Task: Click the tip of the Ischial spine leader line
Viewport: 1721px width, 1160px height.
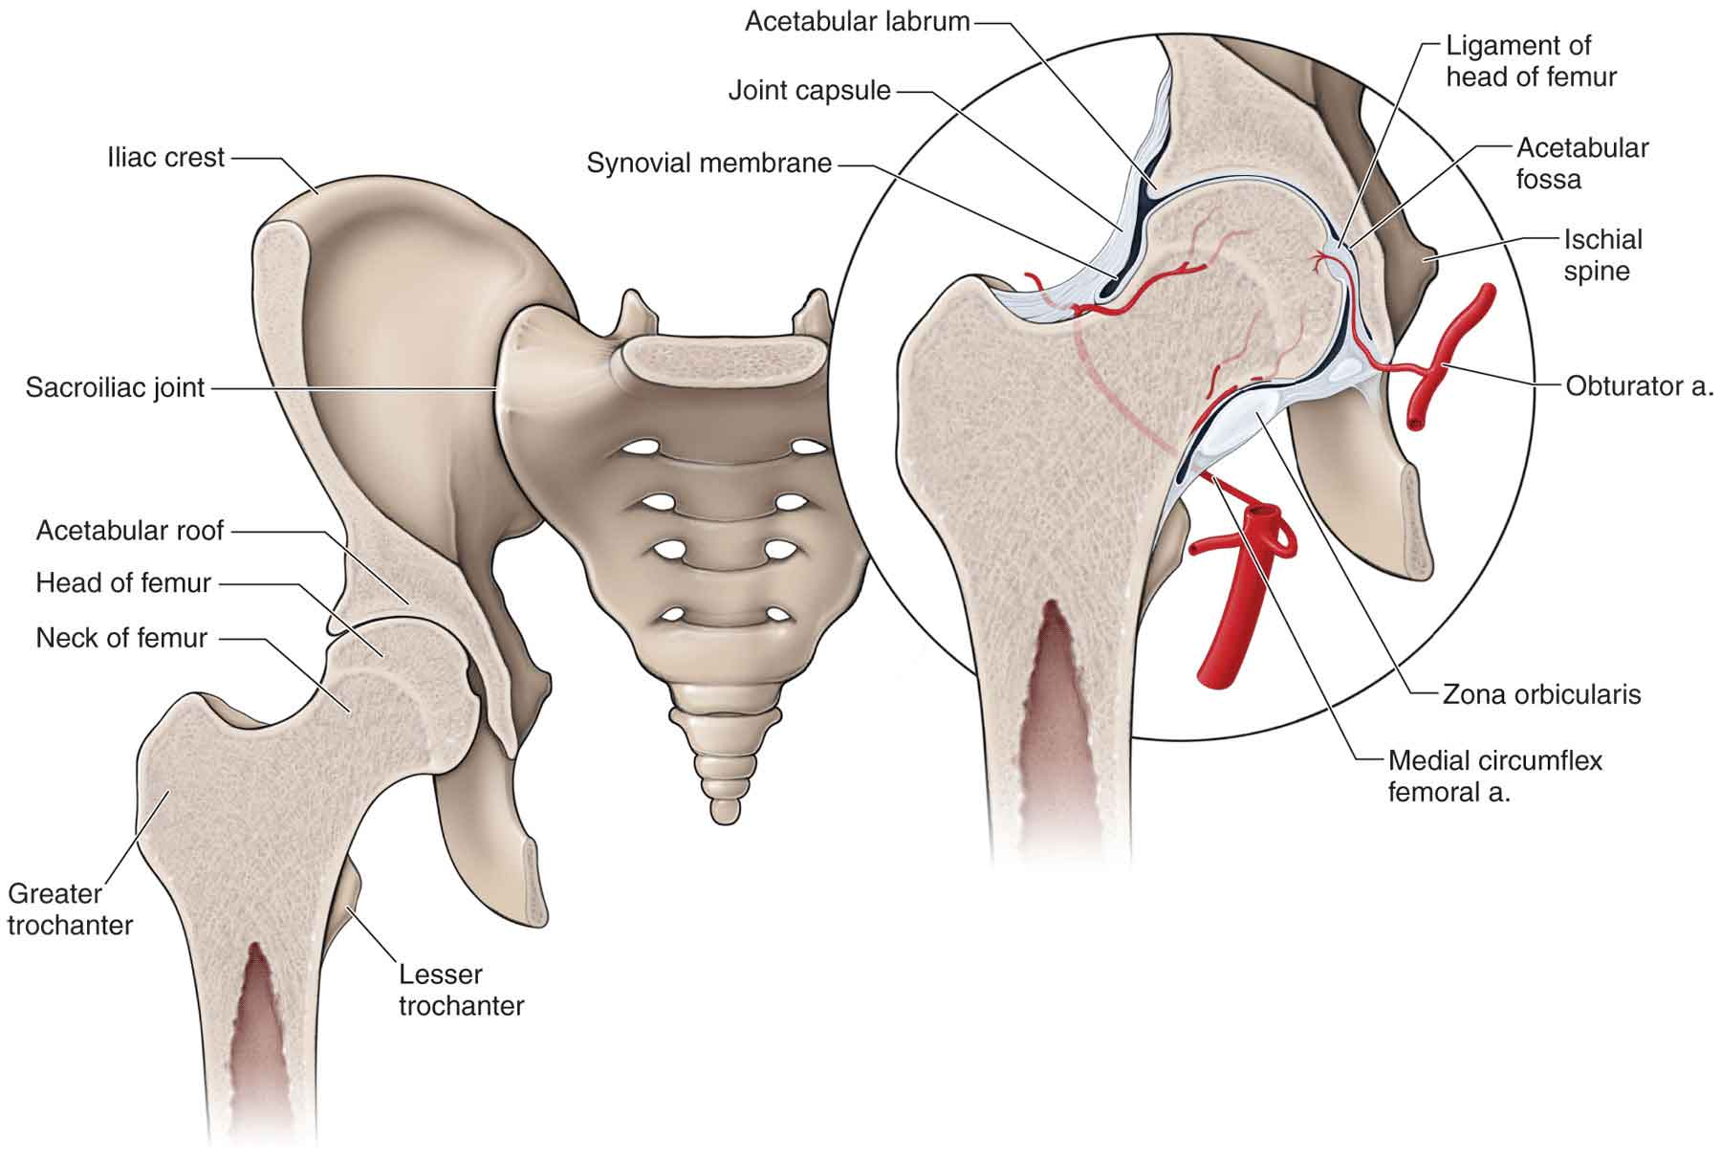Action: click(x=1425, y=258)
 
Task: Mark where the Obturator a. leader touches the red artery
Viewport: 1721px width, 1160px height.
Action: click(x=1445, y=366)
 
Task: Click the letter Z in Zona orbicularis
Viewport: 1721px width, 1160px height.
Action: click(x=1450, y=693)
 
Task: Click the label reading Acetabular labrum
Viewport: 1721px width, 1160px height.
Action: click(x=857, y=22)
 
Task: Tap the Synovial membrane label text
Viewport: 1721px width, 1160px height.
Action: click(x=708, y=164)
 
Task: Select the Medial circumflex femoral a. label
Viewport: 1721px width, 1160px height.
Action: click(x=1494, y=776)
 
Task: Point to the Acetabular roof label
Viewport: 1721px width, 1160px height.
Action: click(x=130, y=531)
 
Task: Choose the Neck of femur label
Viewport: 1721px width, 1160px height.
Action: click(x=121, y=638)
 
